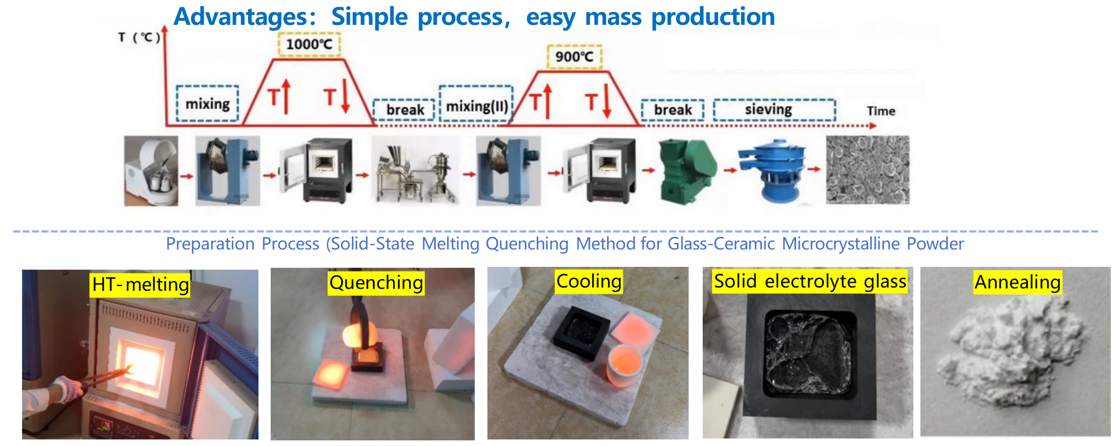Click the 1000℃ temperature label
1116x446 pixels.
309,45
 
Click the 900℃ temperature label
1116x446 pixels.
574,57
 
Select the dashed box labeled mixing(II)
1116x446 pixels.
477,104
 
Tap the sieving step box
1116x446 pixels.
774,110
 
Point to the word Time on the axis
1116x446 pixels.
881,111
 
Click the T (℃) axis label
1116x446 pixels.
139,37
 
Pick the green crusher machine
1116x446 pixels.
687,172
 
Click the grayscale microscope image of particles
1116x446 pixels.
867,170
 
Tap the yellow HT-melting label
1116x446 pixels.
140,285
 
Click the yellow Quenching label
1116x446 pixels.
376,283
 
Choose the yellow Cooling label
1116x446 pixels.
589,281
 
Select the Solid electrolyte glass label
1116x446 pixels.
809,281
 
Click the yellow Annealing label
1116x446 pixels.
1017,282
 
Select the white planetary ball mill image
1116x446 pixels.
151,172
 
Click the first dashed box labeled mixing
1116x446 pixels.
207,104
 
